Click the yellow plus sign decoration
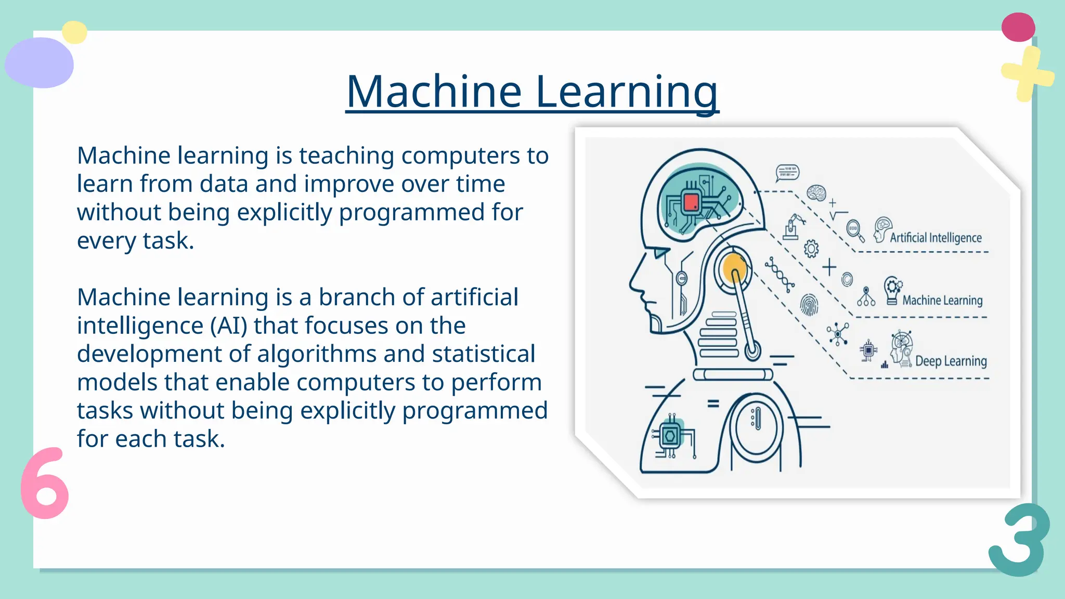(1027, 74)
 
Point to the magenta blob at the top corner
(1018, 27)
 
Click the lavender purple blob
(40, 63)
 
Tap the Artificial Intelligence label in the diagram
(936, 238)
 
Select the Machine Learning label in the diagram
(942, 300)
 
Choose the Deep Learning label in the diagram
(951, 361)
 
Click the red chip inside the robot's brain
(691, 202)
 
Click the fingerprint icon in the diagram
(809, 305)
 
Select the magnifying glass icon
(854, 230)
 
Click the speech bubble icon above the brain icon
(787, 173)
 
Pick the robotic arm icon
(793, 227)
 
